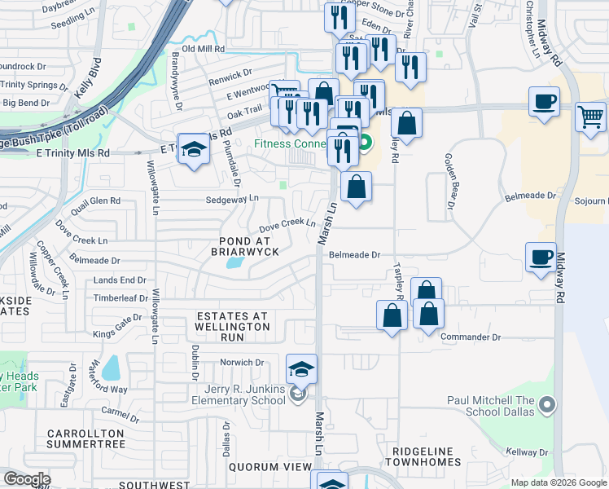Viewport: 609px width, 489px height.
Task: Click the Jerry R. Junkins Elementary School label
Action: [239, 394]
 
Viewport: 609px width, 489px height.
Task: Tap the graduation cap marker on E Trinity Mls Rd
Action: [194, 149]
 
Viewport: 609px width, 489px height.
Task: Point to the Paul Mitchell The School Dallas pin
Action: [547, 404]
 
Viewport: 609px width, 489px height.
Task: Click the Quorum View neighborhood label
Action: [269, 467]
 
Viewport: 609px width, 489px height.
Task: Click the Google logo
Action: [27, 479]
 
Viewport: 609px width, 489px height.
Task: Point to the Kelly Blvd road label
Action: [88, 77]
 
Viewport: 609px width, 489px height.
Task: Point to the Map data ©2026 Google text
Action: [558, 482]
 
